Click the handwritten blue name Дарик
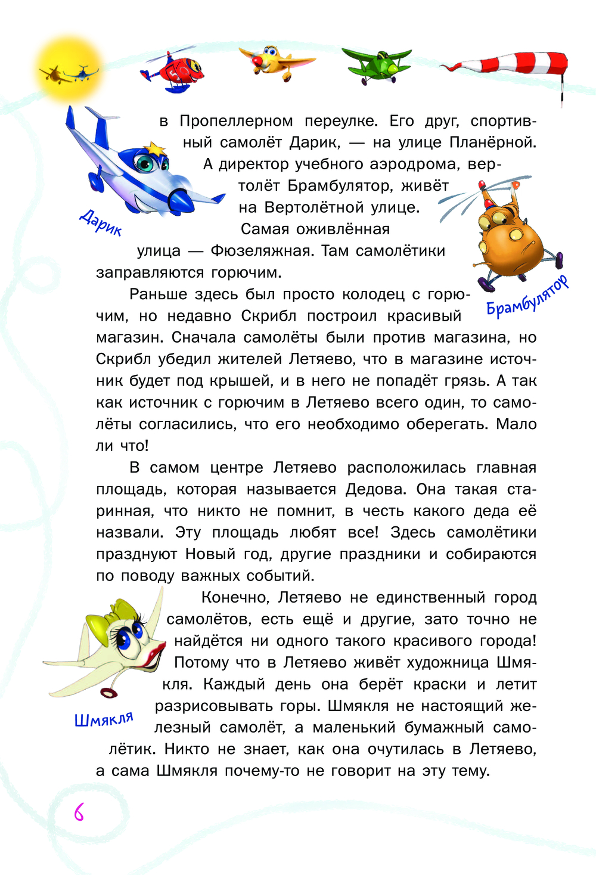point(101,222)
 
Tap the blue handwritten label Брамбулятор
point(527,296)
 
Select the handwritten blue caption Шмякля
point(104,719)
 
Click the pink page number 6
point(78,812)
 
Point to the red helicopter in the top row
point(173,70)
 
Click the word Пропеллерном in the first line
point(236,121)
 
